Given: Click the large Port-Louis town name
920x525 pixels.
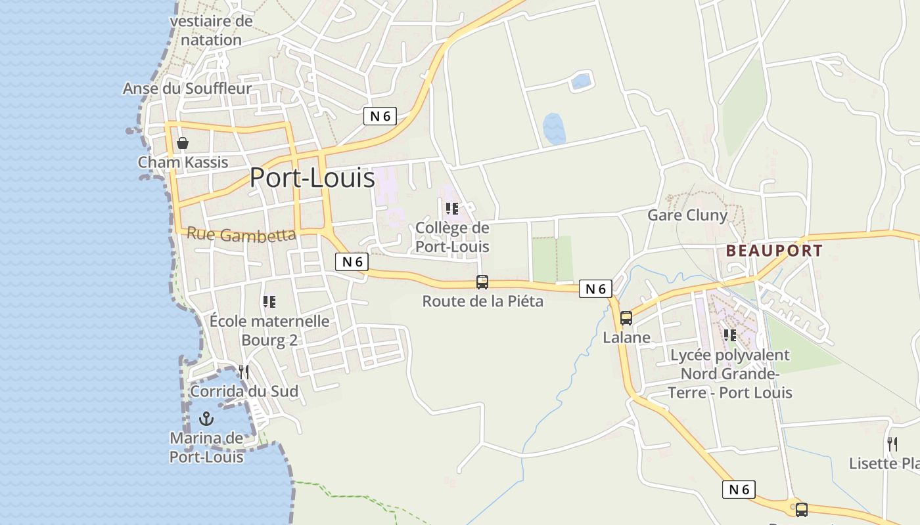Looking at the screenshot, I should [312, 178].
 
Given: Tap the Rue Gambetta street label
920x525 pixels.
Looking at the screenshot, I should [241, 234].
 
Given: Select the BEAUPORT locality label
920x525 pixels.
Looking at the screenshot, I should [774, 251].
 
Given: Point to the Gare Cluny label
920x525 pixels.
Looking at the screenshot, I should [687, 215].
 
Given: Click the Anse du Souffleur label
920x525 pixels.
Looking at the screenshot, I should [187, 89].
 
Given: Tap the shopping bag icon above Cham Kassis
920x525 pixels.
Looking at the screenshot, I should [183, 143].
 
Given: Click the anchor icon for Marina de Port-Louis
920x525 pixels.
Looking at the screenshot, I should [207, 418].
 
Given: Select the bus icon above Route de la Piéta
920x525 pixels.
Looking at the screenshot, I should [482, 282].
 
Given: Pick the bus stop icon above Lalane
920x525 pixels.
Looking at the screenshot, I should [626, 318].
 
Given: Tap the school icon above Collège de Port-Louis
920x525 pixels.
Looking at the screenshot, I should [452, 209].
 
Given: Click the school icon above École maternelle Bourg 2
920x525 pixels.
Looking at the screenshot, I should [269, 302].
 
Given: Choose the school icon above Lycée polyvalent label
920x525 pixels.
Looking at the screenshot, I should [729, 335].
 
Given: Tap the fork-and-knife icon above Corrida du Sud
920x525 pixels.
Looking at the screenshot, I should [243, 372].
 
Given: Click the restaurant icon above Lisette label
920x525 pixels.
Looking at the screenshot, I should [892, 444].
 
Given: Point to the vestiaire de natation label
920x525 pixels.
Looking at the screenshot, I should [211, 30].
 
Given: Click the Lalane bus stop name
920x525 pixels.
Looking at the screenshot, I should [627, 338].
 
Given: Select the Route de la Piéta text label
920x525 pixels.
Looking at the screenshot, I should [482, 302].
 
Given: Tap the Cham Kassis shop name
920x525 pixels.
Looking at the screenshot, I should [183, 162].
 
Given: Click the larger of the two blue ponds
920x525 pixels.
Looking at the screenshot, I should [554, 129].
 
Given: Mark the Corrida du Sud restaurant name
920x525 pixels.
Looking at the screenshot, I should [244, 392].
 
